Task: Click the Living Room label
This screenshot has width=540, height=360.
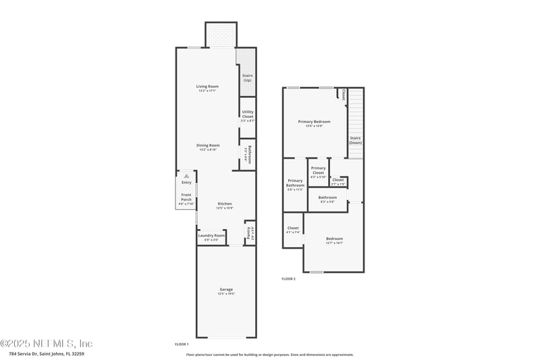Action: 207,86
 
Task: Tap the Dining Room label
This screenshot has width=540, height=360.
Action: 208,145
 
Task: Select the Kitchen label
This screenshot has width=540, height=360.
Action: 224,204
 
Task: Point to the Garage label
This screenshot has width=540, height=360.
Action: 225,289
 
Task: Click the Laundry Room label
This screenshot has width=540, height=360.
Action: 211,236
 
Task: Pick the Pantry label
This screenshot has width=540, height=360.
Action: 248,233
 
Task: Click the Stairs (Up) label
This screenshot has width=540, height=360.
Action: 247,78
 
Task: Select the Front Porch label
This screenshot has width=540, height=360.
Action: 186,198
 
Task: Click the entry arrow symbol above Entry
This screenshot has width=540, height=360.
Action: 186,176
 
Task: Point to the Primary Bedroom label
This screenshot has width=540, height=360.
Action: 314,122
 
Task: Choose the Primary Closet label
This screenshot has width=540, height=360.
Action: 318,170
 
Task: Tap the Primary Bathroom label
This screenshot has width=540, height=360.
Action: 295,183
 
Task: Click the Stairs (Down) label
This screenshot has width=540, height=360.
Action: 355,140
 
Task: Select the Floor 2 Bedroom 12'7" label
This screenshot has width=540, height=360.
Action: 334,239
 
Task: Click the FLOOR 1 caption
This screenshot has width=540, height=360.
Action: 182,344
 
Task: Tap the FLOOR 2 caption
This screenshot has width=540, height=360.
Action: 288,278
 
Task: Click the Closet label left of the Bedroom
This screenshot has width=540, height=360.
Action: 293,228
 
